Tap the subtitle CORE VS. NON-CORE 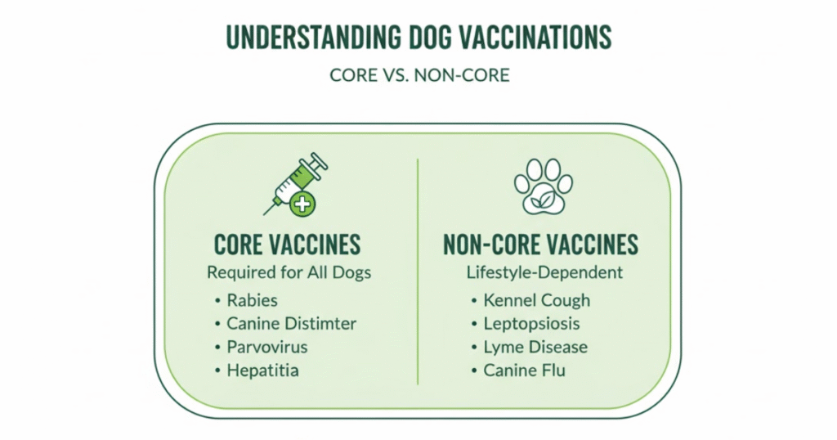point(419,74)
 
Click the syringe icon point(295,184)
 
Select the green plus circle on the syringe point(302,204)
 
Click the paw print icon point(543,186)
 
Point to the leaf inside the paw point(543,199)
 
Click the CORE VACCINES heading point(287,245)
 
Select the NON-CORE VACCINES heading point(541,245)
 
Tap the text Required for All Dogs point(289,272)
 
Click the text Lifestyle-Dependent point(544,272)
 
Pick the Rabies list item point(252,300)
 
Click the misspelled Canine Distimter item point(292,324)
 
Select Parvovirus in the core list point(267,347)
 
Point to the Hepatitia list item point(262,370)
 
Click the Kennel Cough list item point(537,301)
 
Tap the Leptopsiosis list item point(531,324)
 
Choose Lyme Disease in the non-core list point(535,348)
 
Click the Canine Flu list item point(524,370)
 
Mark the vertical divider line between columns point(418,272)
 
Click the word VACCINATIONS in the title point(535,37)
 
